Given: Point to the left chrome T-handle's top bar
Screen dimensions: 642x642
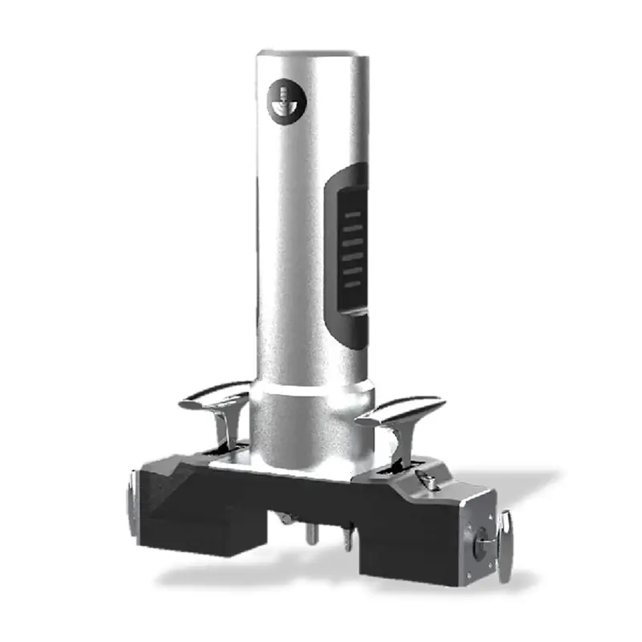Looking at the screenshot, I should tap(213, 395).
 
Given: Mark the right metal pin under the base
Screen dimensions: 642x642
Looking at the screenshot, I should tap(347, 538).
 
